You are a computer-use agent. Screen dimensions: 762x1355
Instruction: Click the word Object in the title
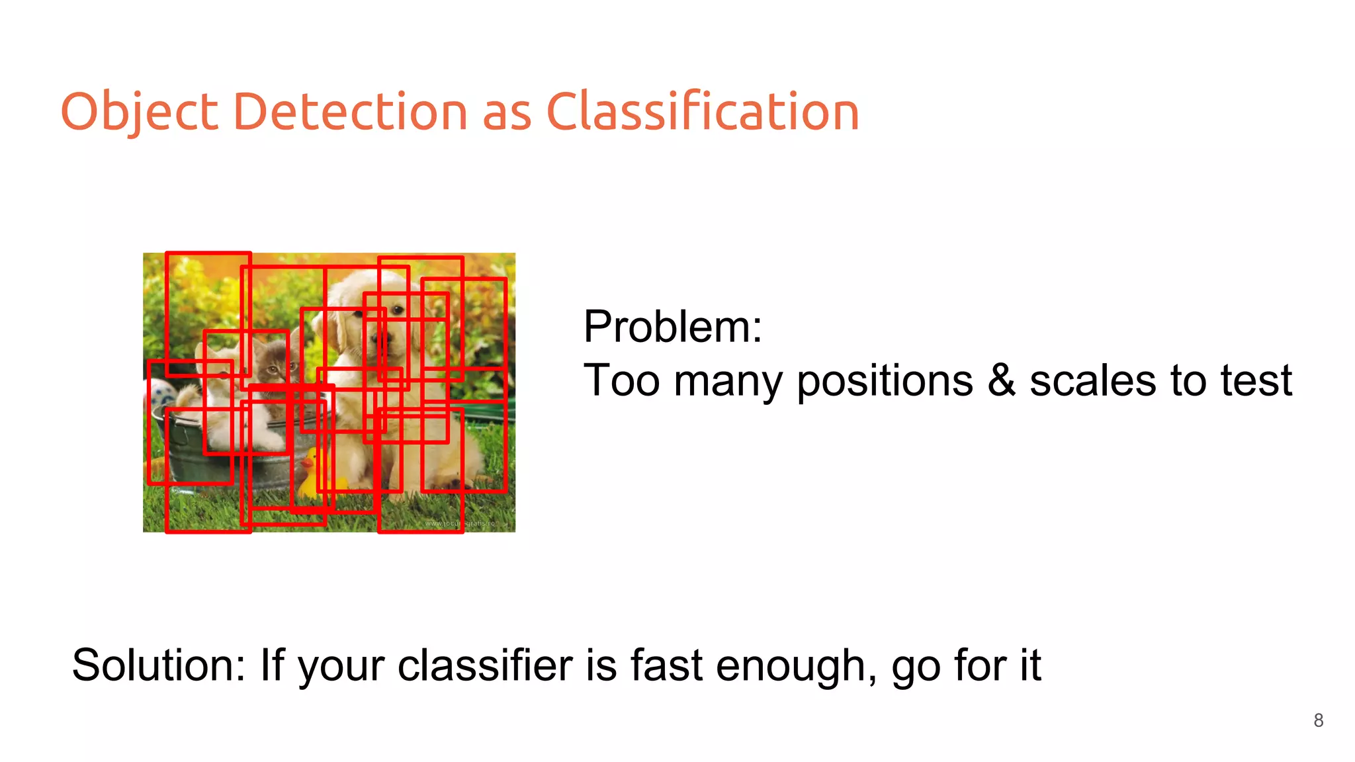tap(139, 111)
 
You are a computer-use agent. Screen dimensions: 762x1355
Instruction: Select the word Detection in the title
tap(350, 111)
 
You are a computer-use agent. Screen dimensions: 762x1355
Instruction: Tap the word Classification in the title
tap(702, 111)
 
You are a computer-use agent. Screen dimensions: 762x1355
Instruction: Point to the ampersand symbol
tap(1001, 380)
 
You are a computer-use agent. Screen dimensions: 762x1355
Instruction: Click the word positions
tap(885, 382)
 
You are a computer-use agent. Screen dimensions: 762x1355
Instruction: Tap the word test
tap(1256, 380)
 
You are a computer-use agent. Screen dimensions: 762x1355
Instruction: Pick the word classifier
tap(485, 665)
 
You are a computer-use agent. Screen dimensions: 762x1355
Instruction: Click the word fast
tap(666, 665)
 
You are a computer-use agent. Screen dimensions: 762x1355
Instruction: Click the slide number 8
tap(1318, 720)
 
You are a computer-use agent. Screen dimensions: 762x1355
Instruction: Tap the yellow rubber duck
tap(310, 475)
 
